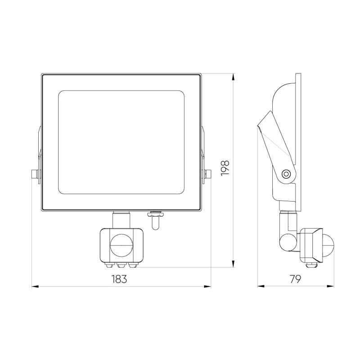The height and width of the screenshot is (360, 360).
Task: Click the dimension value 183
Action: [x=119, y=279]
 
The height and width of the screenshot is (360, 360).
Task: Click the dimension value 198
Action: [x=225, y=168]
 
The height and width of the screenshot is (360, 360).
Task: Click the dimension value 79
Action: [x=295, y=279]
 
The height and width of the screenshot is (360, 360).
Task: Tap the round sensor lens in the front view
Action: [x=121, y=245]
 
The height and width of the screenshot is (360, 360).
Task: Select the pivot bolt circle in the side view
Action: [x=286, y=174]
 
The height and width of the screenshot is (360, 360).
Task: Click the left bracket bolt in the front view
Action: [x=35, y=174]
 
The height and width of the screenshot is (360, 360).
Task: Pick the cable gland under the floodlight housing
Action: [x=155, y=220]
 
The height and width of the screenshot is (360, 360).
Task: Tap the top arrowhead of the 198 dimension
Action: [x=233, y=77]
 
